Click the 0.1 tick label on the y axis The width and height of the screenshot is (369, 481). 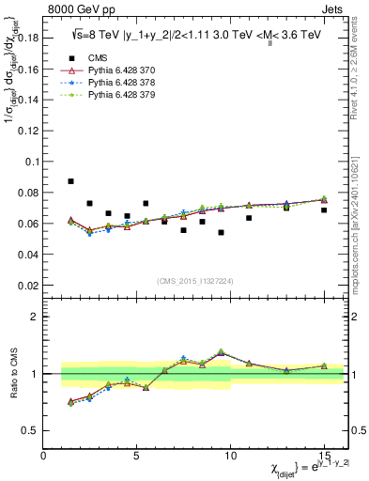[x=31, y=162]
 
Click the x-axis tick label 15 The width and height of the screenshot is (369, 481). [x=324, y=456]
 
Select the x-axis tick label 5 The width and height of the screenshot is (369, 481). [x=137, y=456]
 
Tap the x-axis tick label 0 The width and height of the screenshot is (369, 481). [x=44, y=456]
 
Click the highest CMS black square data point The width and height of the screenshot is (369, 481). [x=71, y=181]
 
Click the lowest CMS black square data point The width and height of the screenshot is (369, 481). [x=221, y=232]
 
